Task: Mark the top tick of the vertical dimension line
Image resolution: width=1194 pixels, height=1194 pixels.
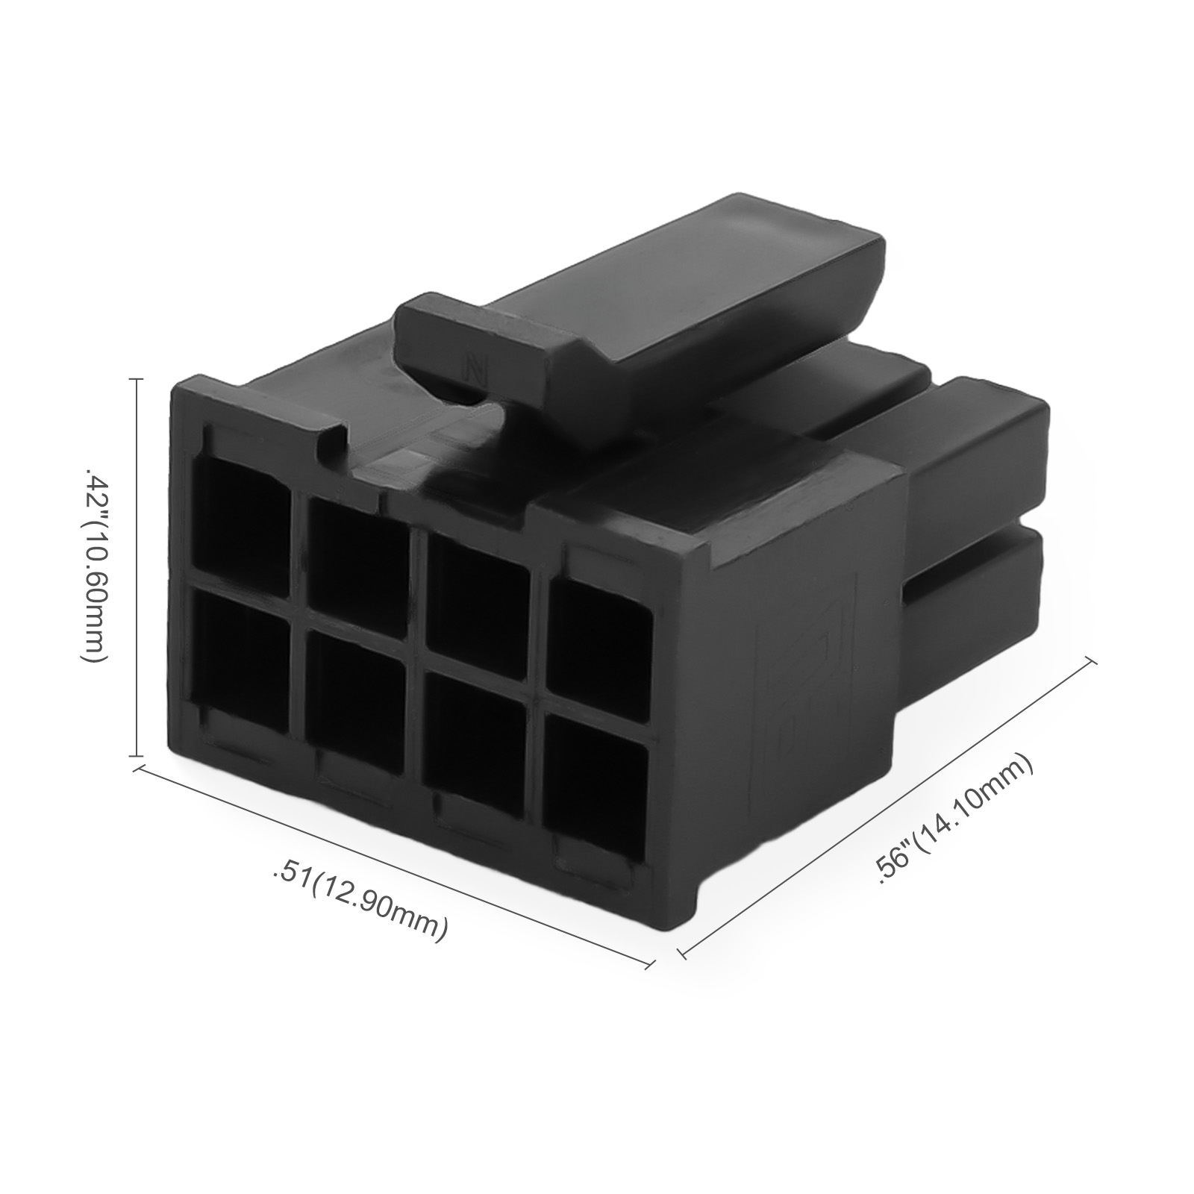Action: click(137, 380)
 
